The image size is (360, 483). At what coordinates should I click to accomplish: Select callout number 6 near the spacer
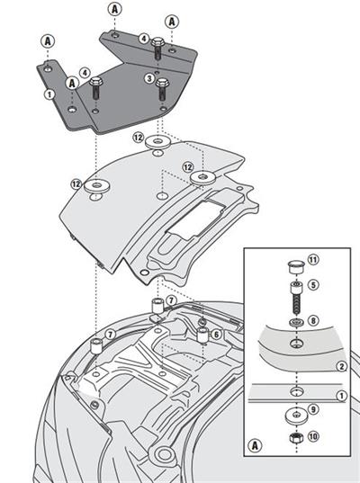(x=217, y=335)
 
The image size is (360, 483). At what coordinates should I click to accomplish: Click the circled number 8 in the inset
(x=312, y=319)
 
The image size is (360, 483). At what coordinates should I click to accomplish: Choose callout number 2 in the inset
(x=340, y=367)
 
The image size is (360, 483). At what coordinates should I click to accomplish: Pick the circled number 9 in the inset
(x=312, y=411)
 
